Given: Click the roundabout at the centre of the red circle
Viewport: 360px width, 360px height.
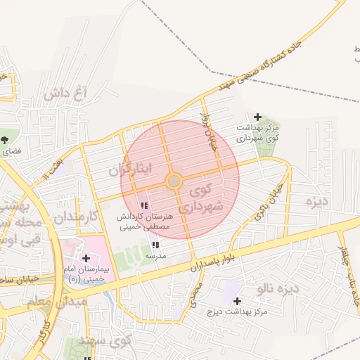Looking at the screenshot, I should pyautogui.click(x=174, y=181).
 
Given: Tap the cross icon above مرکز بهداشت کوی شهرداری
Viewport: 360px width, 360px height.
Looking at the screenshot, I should pyautogui.click(x=257, y=117).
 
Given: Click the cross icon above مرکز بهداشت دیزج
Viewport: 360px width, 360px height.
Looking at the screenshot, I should pyautogui.click(x=237, y=301).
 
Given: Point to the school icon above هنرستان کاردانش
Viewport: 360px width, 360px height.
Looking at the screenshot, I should pyautogui.click(x=144, y=206).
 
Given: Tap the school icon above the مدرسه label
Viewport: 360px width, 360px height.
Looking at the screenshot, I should pyautogui.click(x=155, y=245).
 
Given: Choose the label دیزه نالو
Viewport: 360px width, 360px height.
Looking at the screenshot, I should pyautogui.click(x=278, y=288).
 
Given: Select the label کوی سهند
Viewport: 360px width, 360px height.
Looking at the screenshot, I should pyautogui.click(x=111, y=341).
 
